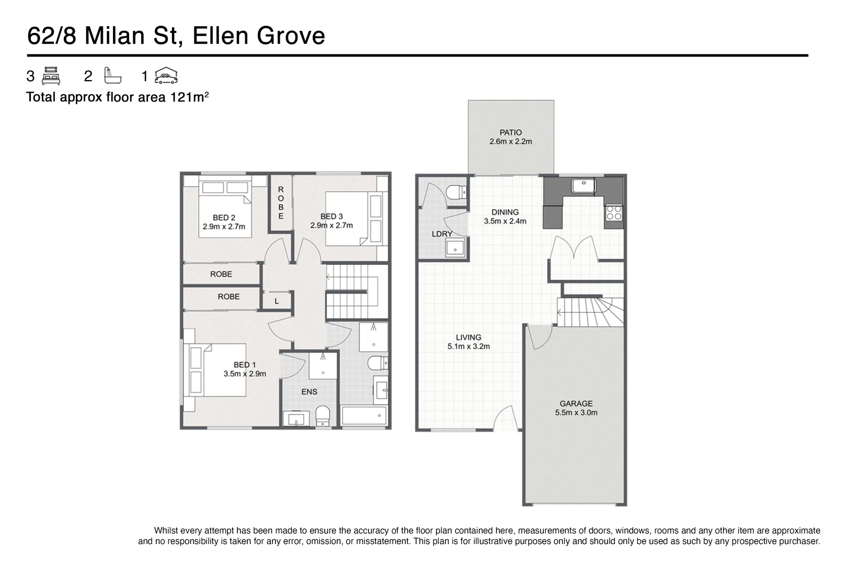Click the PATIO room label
[510, 132]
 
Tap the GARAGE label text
[576, 403]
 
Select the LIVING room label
[468, 337]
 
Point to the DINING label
[505, 212]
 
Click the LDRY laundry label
[442, 234]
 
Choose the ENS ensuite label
[310, 392]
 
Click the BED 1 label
[245, 365]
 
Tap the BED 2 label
[224, 218]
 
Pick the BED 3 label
[331, 217]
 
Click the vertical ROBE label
[281, 203]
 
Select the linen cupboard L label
[277, 301]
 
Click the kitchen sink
[583, 186]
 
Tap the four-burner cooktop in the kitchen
[614, 213]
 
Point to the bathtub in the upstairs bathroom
[364, 416]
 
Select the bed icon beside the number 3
[51, 76]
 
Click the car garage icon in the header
[166, 75]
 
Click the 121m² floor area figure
[189, 97]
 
